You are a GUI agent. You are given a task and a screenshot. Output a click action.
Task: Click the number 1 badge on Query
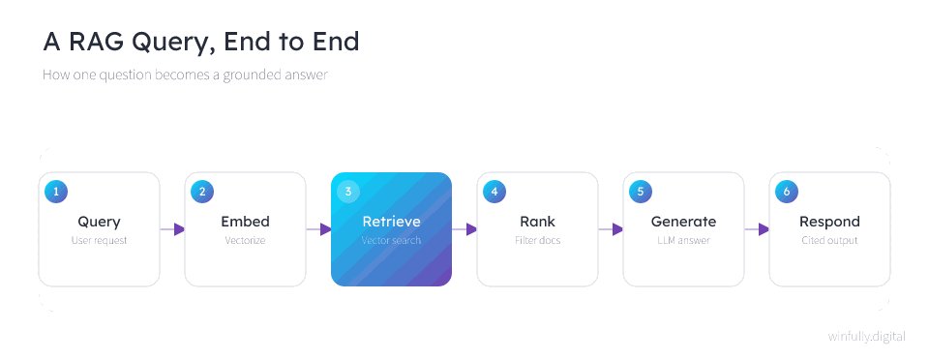[x=56, y=192]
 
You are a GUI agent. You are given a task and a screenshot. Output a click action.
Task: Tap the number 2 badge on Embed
[x=202, y=192]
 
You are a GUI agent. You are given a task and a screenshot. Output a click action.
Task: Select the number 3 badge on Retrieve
[x=348, y=192]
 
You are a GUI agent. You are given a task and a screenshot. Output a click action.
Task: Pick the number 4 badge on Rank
[x=494, y=192]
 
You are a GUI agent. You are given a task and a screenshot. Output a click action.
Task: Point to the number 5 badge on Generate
[x=641, y=192]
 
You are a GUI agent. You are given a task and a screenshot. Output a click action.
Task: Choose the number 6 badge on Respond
[x=786, y=192]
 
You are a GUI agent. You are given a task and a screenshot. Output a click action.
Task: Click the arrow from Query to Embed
[x=172, y=229]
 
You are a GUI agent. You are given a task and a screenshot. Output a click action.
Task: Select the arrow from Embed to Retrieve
[x=318, y=229]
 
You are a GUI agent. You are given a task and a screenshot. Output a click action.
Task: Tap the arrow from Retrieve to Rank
[x=464, y=229]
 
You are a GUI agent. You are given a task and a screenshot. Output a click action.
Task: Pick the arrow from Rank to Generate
[x=611, y=229]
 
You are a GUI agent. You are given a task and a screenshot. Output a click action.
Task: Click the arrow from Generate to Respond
[x=757, y=229]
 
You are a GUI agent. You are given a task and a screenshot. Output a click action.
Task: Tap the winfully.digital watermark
[x=867, y=337]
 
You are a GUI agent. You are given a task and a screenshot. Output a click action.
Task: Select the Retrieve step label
[x=392, y=222]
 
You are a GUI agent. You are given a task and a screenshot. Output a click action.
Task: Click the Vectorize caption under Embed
[x=245, y=240]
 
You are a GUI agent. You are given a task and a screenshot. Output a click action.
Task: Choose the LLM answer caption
[x=684, y=240]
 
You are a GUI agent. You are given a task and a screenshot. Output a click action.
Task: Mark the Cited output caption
[x=829, y=240]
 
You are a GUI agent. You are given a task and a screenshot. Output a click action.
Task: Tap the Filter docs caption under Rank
[x=537, y=240]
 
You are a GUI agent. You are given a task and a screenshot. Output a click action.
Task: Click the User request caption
[x=99, y=240]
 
